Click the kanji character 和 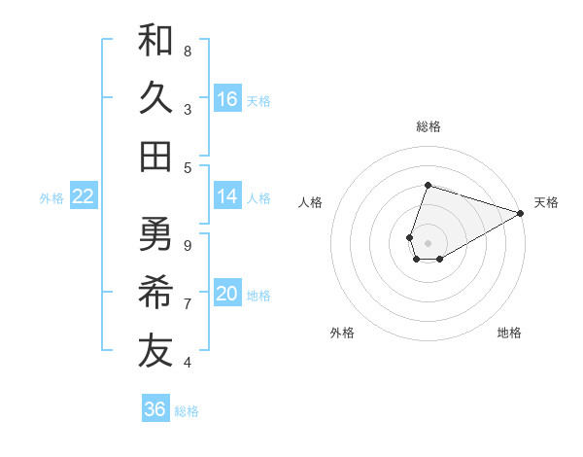[x=155, y=40]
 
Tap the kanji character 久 [x=155, y=98]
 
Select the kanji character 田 [x=155, y=157]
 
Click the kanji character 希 [x=155, y=293]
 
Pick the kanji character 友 [x=155, y=352]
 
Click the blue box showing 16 [x=227, y=99]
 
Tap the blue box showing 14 [x=227, y=196]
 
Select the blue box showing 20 [x=227, y=295]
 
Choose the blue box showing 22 [x=84, y=196]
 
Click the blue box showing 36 [x=155, y=409]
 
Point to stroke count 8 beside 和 [x=188, y=51]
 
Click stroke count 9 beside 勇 [x=188, y=245]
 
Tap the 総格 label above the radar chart [x=428, y=126]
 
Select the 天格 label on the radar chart [x=546, y=202]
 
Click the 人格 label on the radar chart [x=310, y=202]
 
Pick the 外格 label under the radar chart [x=342, y=333]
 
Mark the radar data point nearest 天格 [x=521, y=213]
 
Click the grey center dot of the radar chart [x=428, y=241]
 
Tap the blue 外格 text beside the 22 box [x=51, y=197]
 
